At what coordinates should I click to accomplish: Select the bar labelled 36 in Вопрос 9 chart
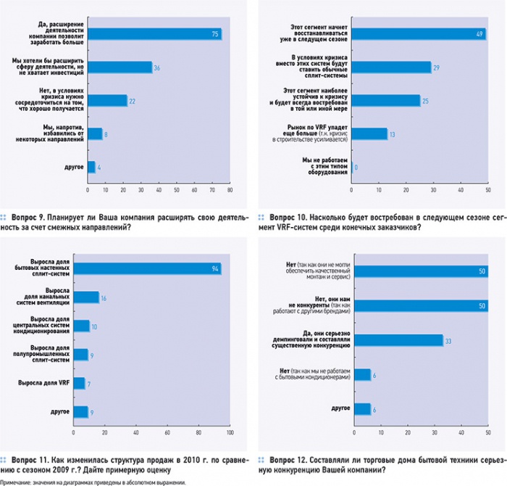pos(120,67)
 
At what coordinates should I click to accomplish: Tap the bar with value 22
pos(107,100)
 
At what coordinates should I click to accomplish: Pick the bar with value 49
pos(418,33)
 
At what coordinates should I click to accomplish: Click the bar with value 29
pos(390,67)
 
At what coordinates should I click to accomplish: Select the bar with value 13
pos(369,133)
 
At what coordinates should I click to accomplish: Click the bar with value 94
pos(154,268)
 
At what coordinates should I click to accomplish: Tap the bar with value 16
pos(93,297)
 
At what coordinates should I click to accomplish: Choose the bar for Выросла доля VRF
pos(90,383)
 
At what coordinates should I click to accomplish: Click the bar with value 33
pos(396,339)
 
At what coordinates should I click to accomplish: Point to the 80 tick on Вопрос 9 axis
pos(230,191)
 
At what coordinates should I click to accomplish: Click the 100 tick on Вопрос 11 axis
pos(229,433)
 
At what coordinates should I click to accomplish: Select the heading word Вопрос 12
pos(288,459)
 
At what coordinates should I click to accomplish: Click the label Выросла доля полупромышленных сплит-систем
pos(49,354)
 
